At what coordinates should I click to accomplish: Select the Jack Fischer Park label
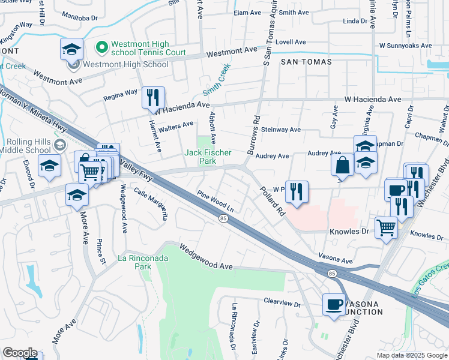(207, 157)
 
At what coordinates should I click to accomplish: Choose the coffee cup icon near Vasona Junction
(334, 304)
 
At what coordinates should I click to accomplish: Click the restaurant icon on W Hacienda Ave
(153, 97)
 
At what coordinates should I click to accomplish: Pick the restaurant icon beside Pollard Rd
(297, 192)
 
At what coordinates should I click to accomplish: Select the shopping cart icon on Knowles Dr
(386, 227)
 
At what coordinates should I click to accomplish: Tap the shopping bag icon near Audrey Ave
(342, 164)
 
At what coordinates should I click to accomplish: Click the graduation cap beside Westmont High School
(72, 49)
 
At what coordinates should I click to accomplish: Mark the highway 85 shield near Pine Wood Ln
(223, 218)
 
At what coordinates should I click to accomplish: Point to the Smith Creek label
(217, 82)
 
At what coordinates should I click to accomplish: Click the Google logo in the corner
(20, 353)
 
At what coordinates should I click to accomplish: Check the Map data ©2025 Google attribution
(411, 355)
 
